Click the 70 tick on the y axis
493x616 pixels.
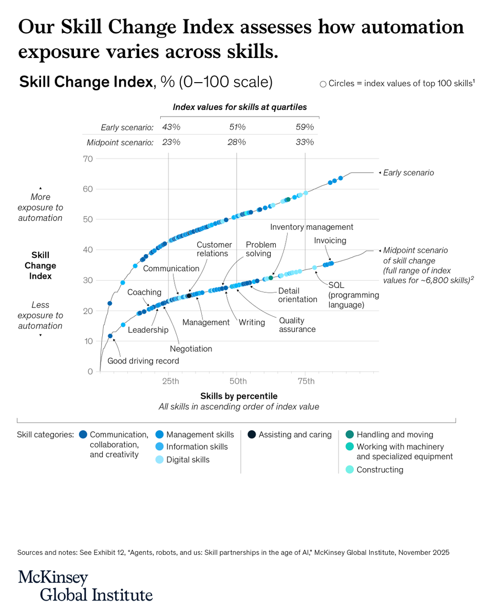(87, 159)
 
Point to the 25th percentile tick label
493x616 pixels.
(170, 381)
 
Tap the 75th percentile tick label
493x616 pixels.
(306, 381)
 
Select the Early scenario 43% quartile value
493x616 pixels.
(170, 127)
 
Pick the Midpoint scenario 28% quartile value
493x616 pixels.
(237, 142)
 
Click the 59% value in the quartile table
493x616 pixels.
(305, 127)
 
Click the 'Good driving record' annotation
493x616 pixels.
(143, 361)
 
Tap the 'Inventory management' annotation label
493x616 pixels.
(312, 227)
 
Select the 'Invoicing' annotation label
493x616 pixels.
(330, 240)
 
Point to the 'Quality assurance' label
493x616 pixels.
(297, 324)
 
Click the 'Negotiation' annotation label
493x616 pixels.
(192, 349)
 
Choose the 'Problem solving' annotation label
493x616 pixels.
(260, 249)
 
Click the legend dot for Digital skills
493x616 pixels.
(159, 459)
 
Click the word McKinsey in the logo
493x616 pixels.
(53, 577)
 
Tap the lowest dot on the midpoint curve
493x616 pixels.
(110, 336)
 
